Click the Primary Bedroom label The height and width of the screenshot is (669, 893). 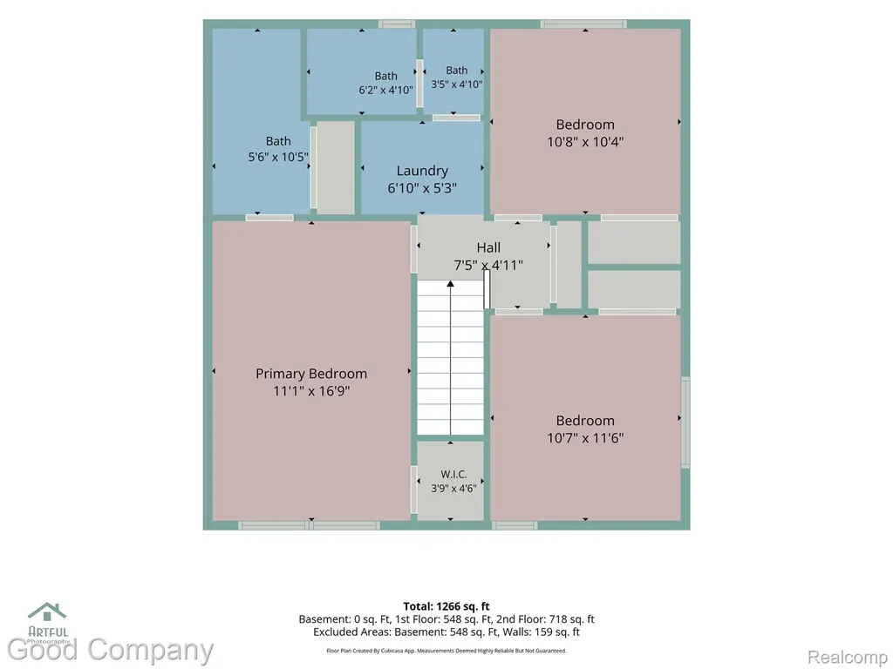[311, 374]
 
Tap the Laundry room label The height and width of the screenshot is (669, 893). [422, 171]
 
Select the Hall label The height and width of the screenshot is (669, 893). [488, 247]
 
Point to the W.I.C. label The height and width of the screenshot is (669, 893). [453, 474]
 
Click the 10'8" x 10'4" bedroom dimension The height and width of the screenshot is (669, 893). [585, 142]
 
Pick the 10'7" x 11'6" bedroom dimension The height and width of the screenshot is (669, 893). [585, 438]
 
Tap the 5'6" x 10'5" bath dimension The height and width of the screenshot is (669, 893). [278, 157]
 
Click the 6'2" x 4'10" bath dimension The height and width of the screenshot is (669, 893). [386, 90]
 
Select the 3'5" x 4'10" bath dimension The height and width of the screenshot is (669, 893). [457, 84]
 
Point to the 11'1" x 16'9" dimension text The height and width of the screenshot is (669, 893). [311, 391]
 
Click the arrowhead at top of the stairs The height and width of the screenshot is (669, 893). [451, 283]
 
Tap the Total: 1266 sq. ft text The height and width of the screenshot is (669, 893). [446, 606]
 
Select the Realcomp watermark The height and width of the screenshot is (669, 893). [848, 657]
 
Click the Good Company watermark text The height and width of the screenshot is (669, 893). [110, 650]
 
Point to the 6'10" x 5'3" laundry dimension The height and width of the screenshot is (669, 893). [422, 188]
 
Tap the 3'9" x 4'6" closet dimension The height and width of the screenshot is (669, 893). [453, 488]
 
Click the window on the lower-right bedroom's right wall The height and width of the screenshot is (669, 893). [685, 422]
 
